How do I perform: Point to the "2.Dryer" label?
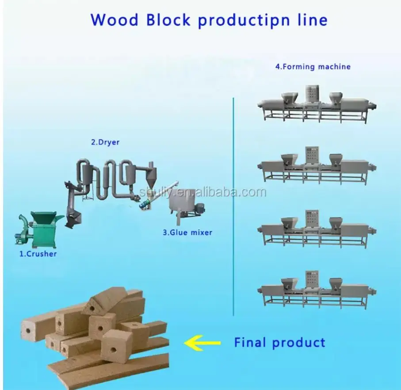pyautogui.click(x=105, y=142)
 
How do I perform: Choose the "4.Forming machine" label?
pyautogui.click(x=313, y=67)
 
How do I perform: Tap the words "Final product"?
pyautogui.click(x=279, y=342)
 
